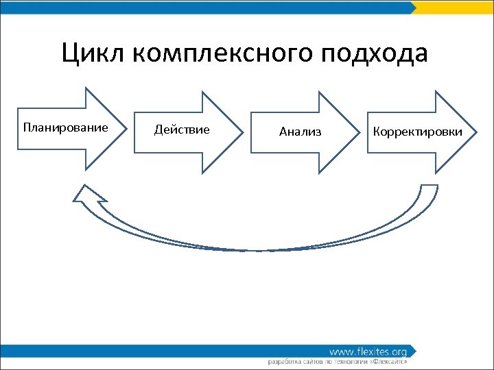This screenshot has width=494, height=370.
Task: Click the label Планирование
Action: pyautogui.click(x=65, y=128)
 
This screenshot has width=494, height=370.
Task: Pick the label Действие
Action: pyautogui.click(x=182, y=129)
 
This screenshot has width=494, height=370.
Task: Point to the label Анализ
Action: pyautogui.click(x=300, y=131)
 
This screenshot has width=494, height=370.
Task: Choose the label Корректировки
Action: pyautogui.click(x=417, y=131)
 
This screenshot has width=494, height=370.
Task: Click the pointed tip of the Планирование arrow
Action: pyautogui.click(x=127, y=128)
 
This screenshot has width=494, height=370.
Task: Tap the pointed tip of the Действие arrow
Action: pyautogui.click(x=244, y=131)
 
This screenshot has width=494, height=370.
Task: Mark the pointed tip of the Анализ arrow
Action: pyautogui.click(x=361, y=132)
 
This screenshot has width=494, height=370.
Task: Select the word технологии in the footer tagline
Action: pyautogui.click(x=351, y=361)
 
